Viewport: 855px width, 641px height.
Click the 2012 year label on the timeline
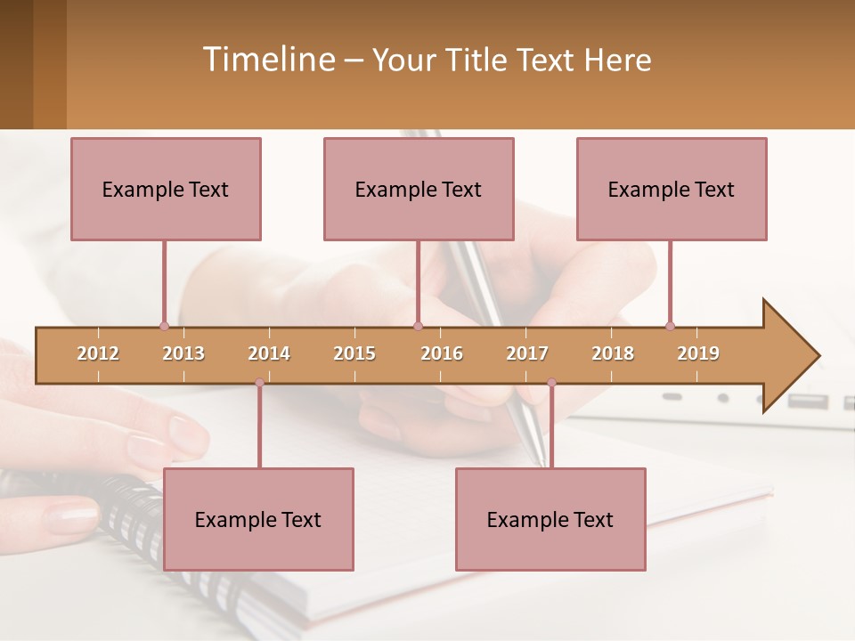(98, 353)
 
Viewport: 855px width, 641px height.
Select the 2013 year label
(183, 353)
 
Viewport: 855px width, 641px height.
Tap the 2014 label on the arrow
(269, 353)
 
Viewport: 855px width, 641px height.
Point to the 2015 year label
(354, 353)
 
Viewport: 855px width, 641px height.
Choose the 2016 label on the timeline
(442, 353)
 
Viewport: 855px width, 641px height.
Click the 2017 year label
(527, 353)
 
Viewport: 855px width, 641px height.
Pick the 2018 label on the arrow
(613, 353)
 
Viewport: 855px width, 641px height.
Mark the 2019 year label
(698, 353)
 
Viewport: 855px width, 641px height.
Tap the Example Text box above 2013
(166, 189)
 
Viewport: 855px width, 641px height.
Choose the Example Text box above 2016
(419, 189)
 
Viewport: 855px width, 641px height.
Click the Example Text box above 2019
(672, 189)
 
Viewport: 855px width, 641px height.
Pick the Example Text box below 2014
(258, 519)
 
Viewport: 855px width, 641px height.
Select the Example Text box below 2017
(550, 519)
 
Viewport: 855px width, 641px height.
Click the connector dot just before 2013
(164, 326)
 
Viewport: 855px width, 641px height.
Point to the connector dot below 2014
(259, 383)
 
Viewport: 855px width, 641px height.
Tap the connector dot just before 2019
(670, 326)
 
